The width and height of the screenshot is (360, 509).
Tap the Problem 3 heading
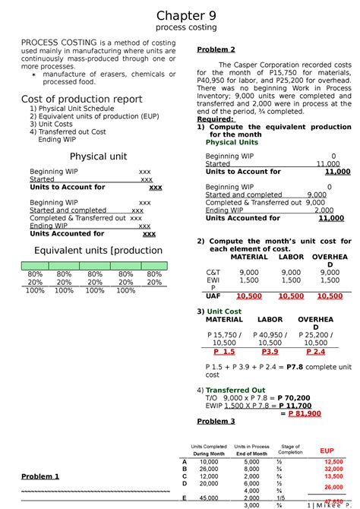click(x=216, y=422)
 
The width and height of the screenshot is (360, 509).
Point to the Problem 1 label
click(x=40, y=476)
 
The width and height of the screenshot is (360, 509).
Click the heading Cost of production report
click(x=81, y=99)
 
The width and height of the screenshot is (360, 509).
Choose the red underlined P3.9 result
click(x=269, y=353)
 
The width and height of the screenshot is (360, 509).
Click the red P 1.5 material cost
click(x=224, y=353)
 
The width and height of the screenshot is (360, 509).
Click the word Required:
click(x=215, y=119)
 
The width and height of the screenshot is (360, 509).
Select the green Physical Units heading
click(x=232, y=142)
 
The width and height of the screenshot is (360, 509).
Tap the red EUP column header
click(x=327, y=451)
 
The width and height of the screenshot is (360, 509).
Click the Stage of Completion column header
click(x=290, y=450)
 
